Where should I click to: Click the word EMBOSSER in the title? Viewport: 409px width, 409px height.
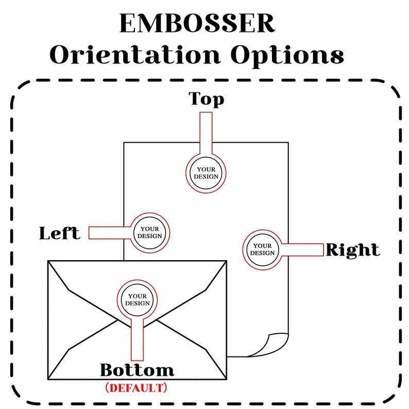pyautogui.click(x=197, y=23)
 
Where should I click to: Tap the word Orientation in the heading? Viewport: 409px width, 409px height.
pyautogui.click(x=135, y=55)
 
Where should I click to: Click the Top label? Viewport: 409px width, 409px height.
pyautogui.click(x=207, y=99)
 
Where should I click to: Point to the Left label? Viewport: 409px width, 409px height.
pyautogui.click(x=59, y=233)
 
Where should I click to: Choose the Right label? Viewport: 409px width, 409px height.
pyautogui.click(x=353, y=250)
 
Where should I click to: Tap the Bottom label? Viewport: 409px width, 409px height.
pyautogui.click(x=137, y=370)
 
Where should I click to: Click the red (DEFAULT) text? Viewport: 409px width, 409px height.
pyautogui.click(x=136, y=388)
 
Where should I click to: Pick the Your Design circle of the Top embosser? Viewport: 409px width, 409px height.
pyautogui.click(x=206, y=173)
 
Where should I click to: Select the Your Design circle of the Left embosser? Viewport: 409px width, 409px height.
pyautogui.click(x=150, y=233)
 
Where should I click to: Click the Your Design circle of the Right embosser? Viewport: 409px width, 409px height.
pyautogui.click(x=262, y=250)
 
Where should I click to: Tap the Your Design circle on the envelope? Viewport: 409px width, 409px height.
pyautogui.click(x=137, y=300)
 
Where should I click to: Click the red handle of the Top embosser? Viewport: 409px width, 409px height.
pyautogui.click(x=206, y=133)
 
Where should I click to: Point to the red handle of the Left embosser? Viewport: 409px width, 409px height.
pyautogui.click(x=110, y=233)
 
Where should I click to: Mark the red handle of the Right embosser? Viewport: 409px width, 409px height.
pyautogui.click(x=302, y=250)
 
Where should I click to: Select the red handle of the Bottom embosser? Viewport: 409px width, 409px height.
pyautogui.click(x=137, y=339)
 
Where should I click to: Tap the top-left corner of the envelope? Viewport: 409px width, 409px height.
pyautogui.click(x=48, y=261)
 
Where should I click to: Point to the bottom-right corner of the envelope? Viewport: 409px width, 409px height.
pyautogui.click(x=227, y=379)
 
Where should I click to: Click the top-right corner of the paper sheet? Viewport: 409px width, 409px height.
pyautogui.click(x=288, y=142)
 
